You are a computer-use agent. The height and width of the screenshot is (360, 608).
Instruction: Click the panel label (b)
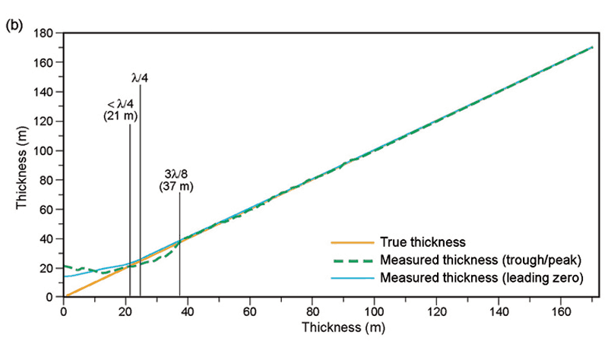(14, 24)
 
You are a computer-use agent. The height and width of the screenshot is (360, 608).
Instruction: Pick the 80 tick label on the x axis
(312, 311)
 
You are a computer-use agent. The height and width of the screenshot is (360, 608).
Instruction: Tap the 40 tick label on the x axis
(188, 311)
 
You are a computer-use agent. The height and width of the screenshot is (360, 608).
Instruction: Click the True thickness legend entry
(420, 243)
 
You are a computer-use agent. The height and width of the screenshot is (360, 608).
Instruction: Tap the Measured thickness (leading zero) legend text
(483, 279)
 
